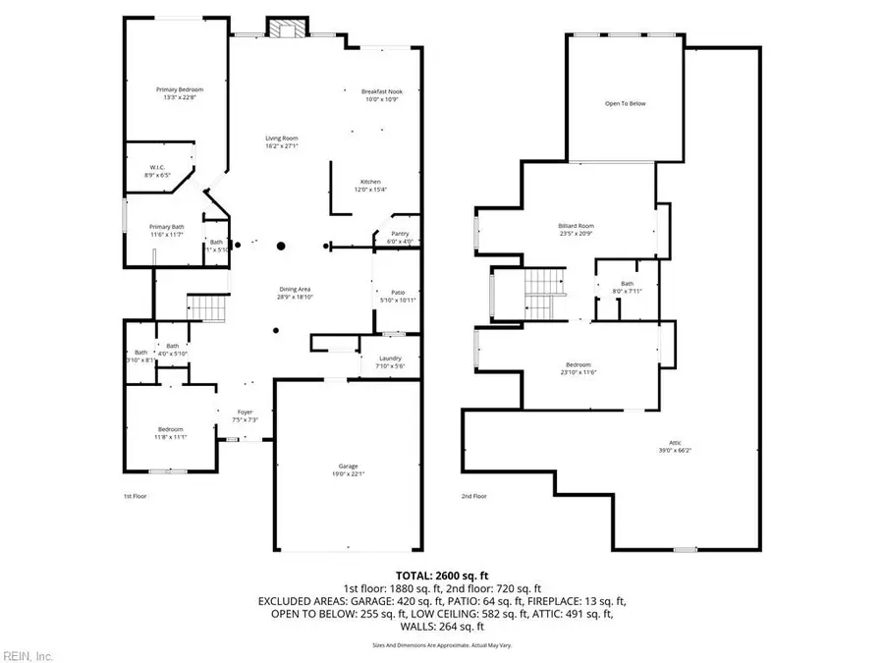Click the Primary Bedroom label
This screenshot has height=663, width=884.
(x=177, y=90)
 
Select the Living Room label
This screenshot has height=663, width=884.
(x=281, y=138)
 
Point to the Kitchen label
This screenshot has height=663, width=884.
(x=369, y=183)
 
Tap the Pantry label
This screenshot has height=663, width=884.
(x=399, y=234)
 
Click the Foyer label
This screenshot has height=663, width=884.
(x=245, y=413)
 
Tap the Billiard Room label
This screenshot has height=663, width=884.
(x=575, y=226)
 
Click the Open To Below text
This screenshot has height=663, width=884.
(x=625, y=103)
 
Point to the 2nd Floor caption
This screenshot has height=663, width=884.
(x=473, y=496)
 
